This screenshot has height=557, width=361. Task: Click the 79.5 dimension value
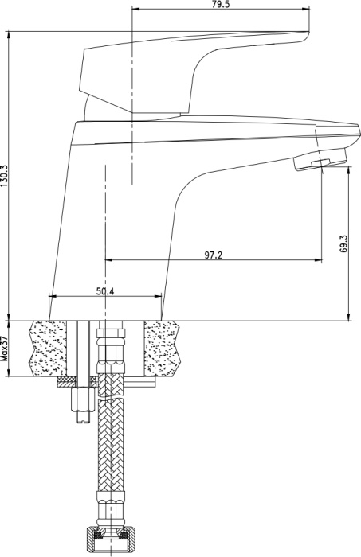(x=220, y=3)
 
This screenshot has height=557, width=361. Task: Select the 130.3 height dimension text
(x=3, y=176)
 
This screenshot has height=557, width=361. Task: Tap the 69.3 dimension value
(x=344, y=243)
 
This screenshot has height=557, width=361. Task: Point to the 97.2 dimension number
(x=213, y=255)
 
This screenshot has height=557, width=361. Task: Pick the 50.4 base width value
(x=105, y=291)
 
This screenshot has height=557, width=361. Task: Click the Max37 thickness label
(x=4, y=349)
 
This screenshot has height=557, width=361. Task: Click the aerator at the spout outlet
(x=320, y=162)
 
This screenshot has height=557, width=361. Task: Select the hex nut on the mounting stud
(x=84, y=399)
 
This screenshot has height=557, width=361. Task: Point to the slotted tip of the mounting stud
(x=84, y=417)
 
